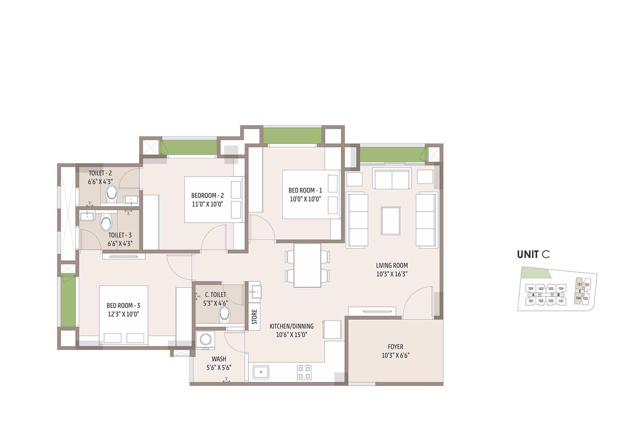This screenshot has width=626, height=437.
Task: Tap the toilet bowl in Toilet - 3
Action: coord(106,222)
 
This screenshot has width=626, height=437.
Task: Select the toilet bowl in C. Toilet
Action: coord(225,315)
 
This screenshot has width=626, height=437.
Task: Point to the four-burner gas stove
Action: coord(304,372)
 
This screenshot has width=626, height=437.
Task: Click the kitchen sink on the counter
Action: coord(261,372)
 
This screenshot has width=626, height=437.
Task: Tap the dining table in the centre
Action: coord(307,265)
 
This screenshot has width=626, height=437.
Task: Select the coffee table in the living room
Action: coord(391,221)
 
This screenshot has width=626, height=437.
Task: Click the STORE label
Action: coord(254,317)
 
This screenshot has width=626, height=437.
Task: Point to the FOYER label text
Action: coord(395,347)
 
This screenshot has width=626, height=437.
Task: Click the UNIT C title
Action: coord(533,255)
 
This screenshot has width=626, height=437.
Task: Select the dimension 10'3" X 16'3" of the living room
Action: coord(392,274)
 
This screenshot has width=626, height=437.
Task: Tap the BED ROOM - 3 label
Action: coord(123,306)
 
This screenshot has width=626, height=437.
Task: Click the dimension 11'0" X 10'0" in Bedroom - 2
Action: coord(208,204)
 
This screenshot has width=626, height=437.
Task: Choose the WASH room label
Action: coord(219,359)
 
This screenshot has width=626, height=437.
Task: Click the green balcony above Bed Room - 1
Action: coord(292,136)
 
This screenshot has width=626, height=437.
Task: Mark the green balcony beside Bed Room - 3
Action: coord(68,300)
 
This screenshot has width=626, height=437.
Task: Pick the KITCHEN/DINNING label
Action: coord(292,326)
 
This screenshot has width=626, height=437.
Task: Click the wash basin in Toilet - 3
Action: coord(87,216)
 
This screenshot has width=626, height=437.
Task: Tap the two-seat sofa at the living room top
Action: coord(392,179)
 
